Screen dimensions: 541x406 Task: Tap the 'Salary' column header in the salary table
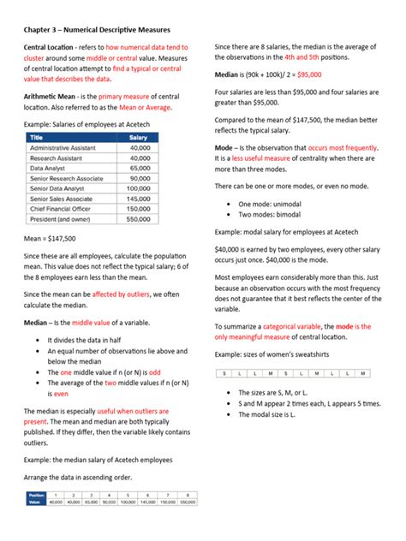coord(138,137)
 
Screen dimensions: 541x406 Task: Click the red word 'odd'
coord(154,372)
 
